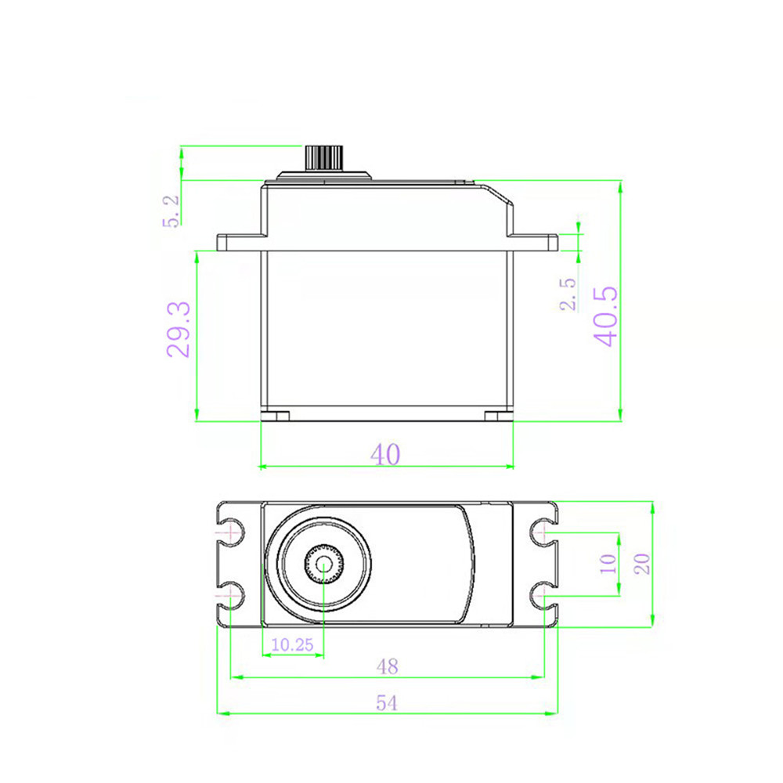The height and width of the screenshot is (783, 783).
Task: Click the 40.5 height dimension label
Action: point(606,316)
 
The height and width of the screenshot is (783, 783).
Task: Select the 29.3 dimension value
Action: point(179,330)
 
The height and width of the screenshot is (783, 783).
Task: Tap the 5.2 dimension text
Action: point(170,211)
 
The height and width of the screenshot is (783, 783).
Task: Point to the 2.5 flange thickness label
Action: point(568,294)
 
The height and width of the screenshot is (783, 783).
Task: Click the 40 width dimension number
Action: point(385,454)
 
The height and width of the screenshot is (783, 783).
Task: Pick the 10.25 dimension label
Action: point(292,644)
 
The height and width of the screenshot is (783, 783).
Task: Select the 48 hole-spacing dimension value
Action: point(387,666)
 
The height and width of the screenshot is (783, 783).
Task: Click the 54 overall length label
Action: point(387,703)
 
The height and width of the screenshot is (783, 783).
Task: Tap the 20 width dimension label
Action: point(642,564)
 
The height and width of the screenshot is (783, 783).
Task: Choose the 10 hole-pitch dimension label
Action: point(608,564)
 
